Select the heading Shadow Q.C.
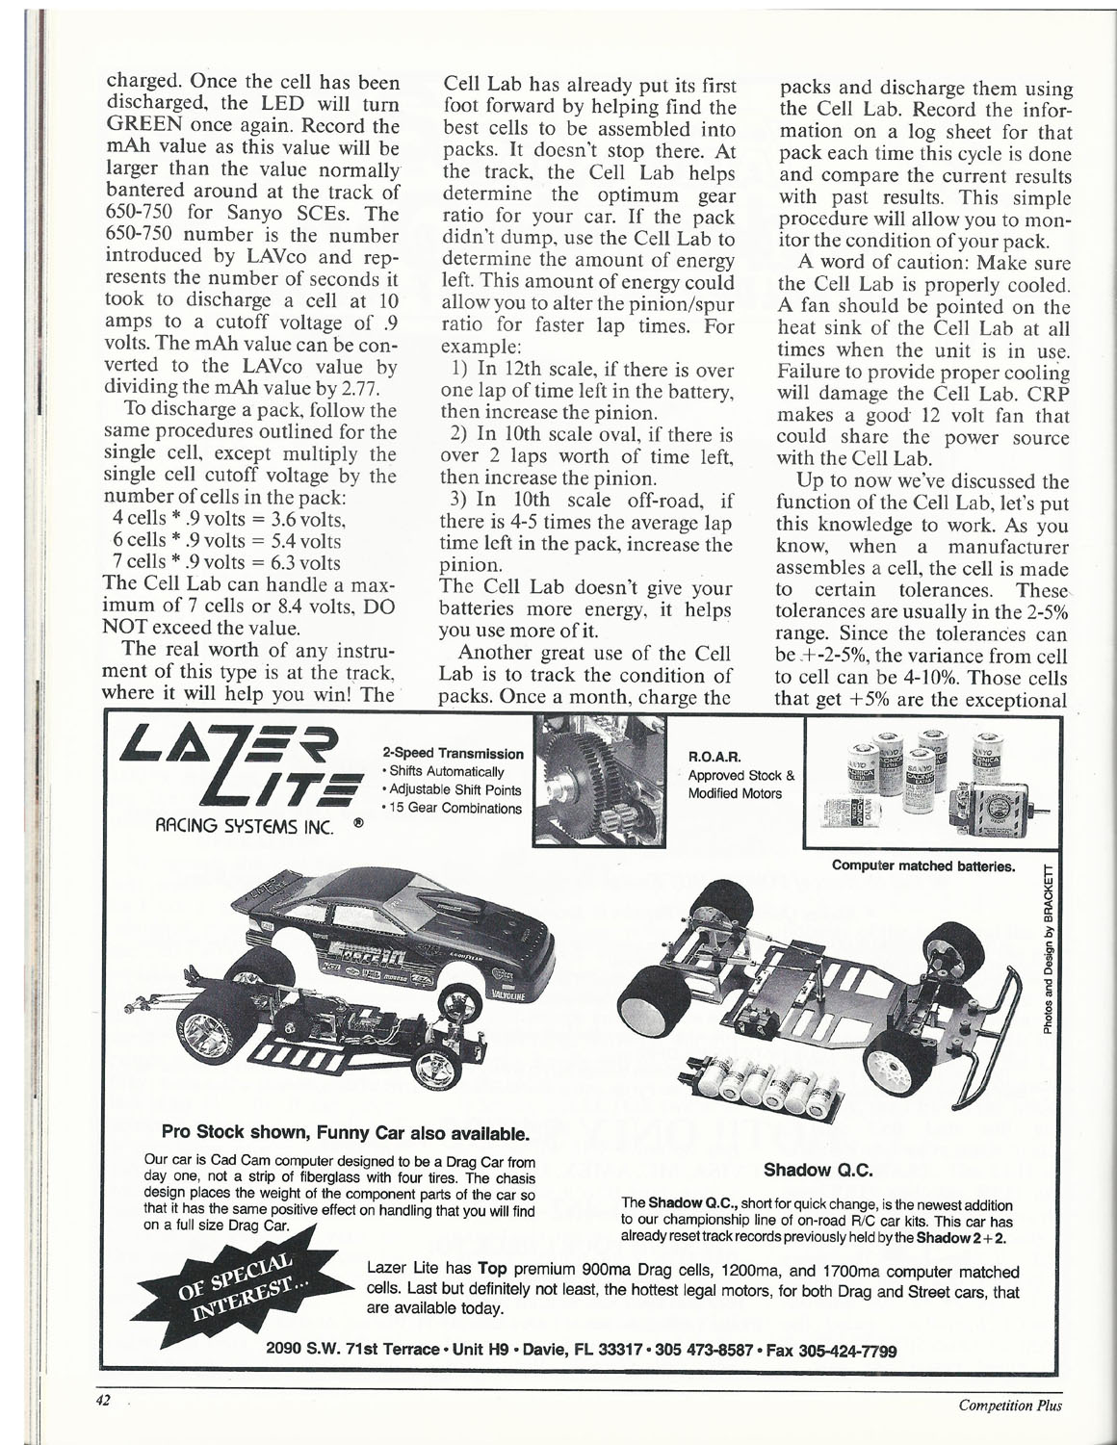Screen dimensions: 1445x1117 click(x=817, y=1171)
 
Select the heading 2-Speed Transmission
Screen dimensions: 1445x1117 click(x=453, y=754)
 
